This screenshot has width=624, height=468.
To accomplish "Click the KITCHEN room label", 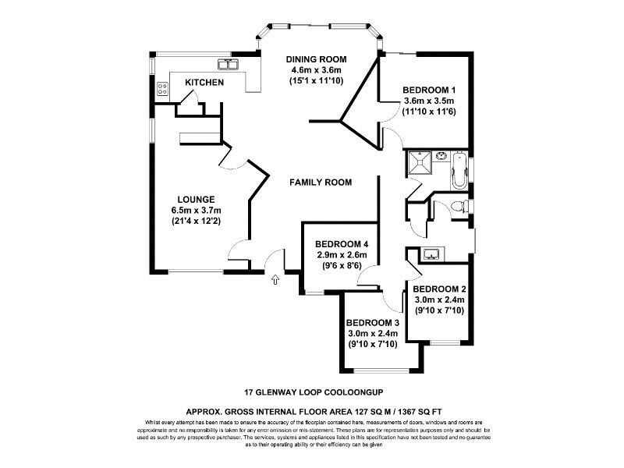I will pyautogui.click(x=204, y=83).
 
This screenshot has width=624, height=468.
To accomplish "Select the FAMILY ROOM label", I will pyautogui.click(x=320, y=183).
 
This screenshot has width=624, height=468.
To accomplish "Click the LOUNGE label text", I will pyautogui.click(x=195, y=199).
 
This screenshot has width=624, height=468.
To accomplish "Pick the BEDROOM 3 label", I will pyautogui.click(x=373, y=323).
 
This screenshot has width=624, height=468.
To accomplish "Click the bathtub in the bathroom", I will pyautogui.click(x=456, y=168).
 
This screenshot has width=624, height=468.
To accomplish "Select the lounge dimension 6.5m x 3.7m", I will pyautogui.click(x=195, y=210).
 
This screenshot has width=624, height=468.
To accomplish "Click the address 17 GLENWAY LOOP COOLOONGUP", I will pyautogui.click(x=312, y=393).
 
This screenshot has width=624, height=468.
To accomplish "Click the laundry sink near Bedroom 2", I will pyautogui.click(x=431, y=253).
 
